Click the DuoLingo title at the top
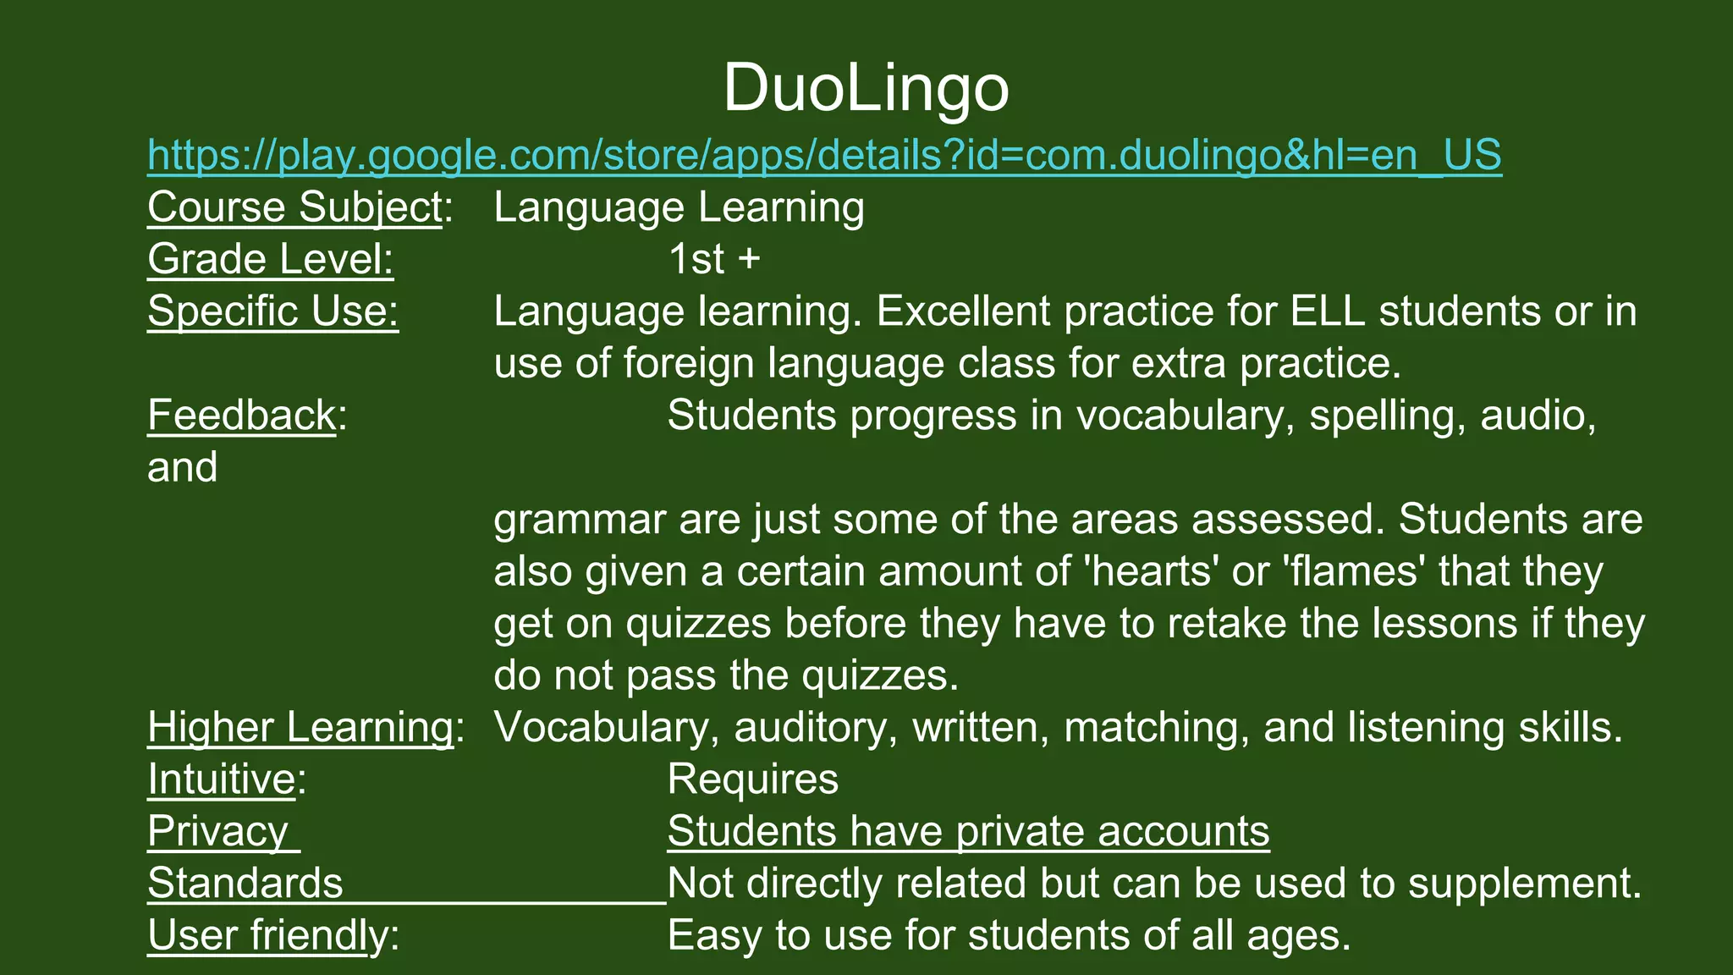pyautogui.click(x=866, y=88)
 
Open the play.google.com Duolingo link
pyautogui.click(x=824, y=155)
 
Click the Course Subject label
pyautogui.click(x=294, y=207)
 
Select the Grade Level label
pyautogui.click(x=270, y=259)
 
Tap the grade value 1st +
pyautogui.click(x=713, y=259)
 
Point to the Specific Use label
pyautogui.click(x=272, y=311)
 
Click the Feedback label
pyautogui.click(x=241, y=416)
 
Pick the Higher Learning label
pyautogui.click(x=300, y=727)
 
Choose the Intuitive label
pyautogui.click(x=221, y=779)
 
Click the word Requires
pyautogui.click(x=752, y=779)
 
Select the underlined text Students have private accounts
pyautogui.click(x=968, y=831)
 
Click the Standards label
pyautogui.click(x=245, y=884)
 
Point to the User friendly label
pyautogui.click(x=267, y=935)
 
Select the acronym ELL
pyautogui.click(x=1328, y=311)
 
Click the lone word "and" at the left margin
pyautogui.click(x=182, y=467)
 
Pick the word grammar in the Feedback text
pyautogui.click(x=579, y=520)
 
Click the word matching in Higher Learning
pyautogui.click(x=1156, y=727)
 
